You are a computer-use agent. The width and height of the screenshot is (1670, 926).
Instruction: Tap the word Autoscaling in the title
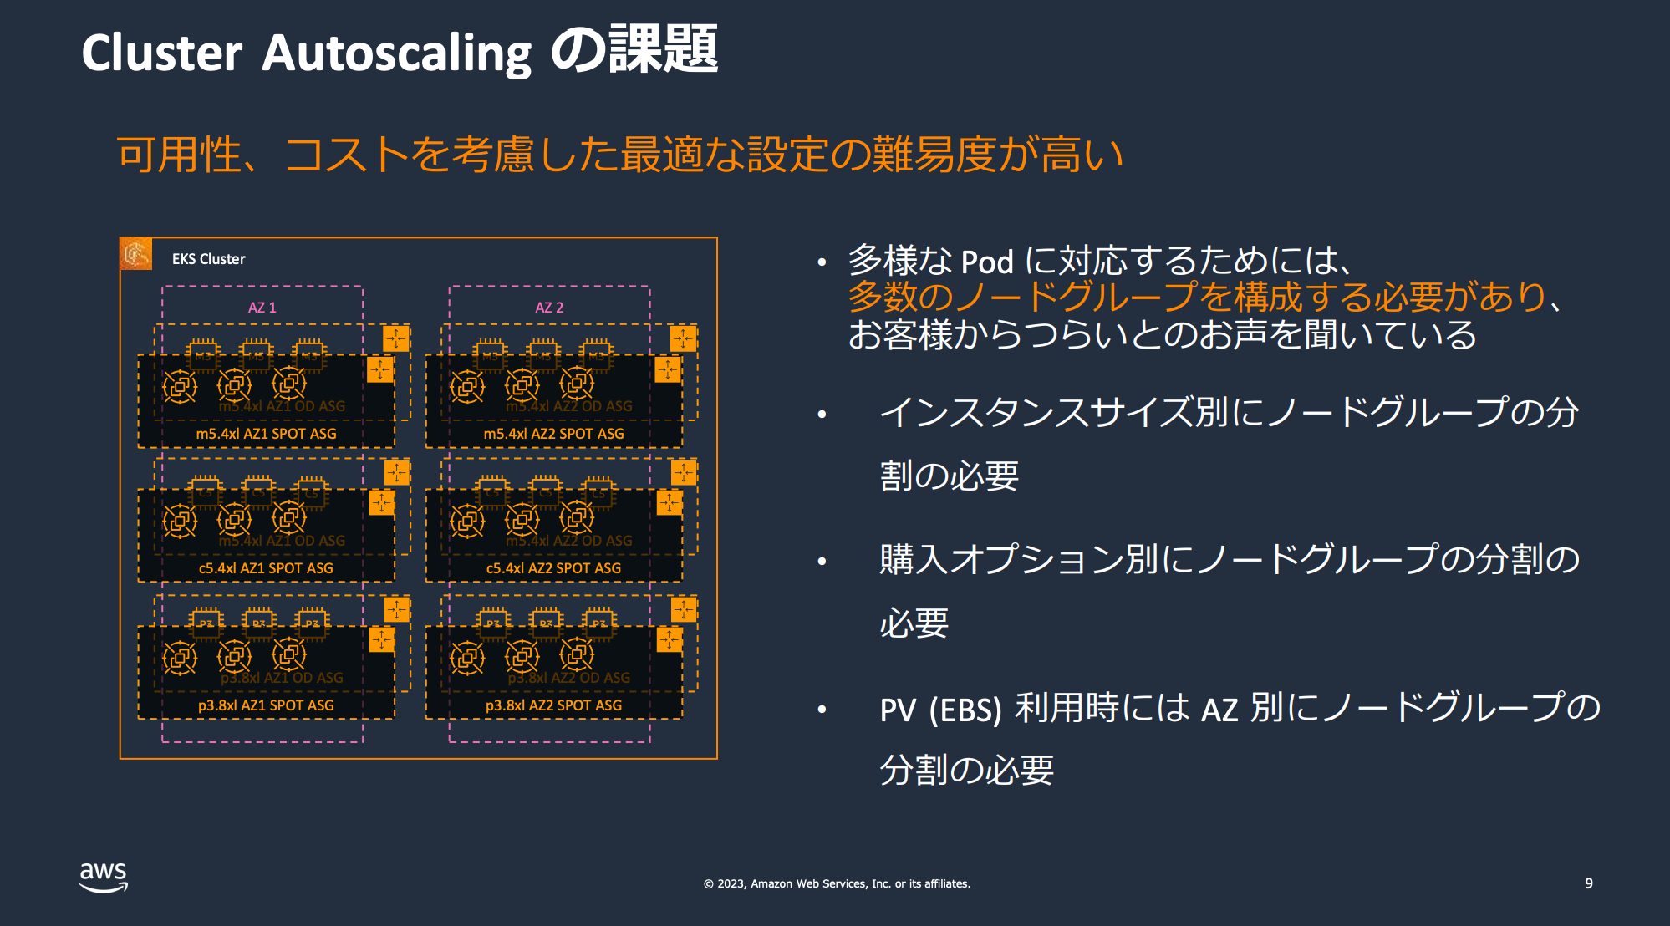point(396,53)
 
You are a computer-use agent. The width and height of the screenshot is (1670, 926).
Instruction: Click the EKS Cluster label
point(208,259)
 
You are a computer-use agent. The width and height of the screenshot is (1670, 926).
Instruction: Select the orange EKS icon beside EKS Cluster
point(136,254)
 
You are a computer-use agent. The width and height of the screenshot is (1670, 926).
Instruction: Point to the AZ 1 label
point(262,308)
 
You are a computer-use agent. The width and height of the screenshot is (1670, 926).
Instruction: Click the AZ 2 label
point(549,308)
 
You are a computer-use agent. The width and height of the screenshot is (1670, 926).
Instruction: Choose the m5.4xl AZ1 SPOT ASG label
point(266,434)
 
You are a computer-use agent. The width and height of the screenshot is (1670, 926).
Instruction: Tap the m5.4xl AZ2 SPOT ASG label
point(553,434)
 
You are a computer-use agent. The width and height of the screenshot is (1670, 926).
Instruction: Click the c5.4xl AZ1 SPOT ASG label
point(266,568)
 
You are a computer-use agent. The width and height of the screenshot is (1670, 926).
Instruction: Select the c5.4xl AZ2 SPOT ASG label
point(553,568)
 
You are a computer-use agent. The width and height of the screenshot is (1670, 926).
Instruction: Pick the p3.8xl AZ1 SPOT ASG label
point(266,705)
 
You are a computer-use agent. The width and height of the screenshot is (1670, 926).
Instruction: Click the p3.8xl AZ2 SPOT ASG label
point(553,705)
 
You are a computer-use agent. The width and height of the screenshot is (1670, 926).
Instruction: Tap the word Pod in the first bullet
point(987,262)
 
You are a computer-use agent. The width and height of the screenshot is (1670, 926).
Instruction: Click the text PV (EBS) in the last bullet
point(940,710)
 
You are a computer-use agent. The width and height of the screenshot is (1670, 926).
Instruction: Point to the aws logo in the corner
point(103,877)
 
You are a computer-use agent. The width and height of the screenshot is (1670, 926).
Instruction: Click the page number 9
point(1588,883)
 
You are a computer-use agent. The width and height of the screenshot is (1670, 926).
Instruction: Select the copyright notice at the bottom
point(837,883)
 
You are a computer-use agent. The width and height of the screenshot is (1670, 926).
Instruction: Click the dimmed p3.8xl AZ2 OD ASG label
point(569,678)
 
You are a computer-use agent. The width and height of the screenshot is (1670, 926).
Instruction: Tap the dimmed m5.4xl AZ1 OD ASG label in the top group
point(283,406)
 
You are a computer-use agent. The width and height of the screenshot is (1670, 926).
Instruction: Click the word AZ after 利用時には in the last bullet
point(1219,710)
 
